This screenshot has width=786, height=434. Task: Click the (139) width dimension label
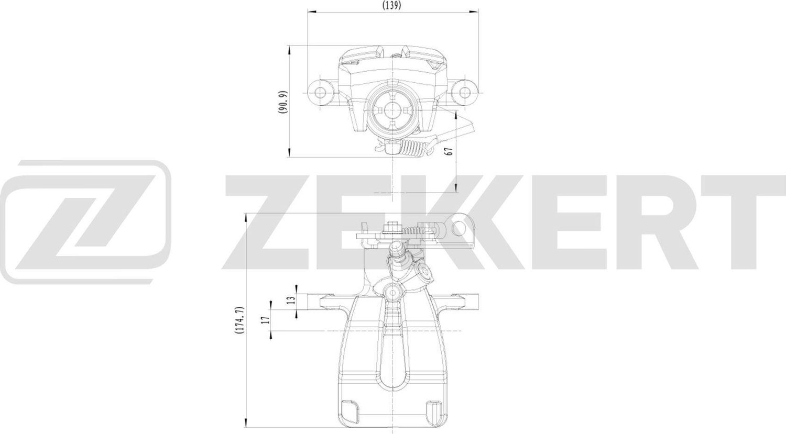tap(392, 6)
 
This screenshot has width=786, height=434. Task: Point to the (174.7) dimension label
tap(239, 320)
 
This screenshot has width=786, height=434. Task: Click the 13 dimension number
tap(291, 300)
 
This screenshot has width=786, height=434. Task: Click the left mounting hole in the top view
tap(321, 92)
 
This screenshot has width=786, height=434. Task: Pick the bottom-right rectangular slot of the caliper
tap(434, 408)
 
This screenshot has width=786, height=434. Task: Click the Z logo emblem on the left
tap(86, 221)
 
